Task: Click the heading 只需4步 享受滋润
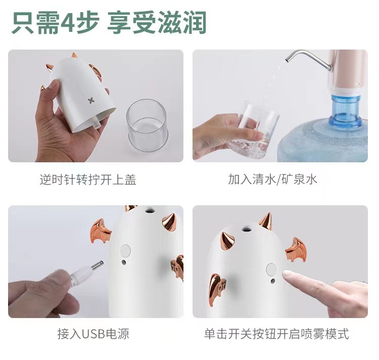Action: [x=109, y=23]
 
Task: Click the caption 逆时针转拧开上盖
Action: [x=88, y=179]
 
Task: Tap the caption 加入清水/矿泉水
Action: [x=273, y=179]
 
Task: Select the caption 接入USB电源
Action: [x=93, y=334]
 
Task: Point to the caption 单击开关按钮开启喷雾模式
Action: [x=276, y=334]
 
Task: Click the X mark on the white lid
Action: [x=89, y=99]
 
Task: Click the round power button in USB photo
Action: [x=126, y=250]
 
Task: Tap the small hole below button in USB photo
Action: [x=124, y=263]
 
